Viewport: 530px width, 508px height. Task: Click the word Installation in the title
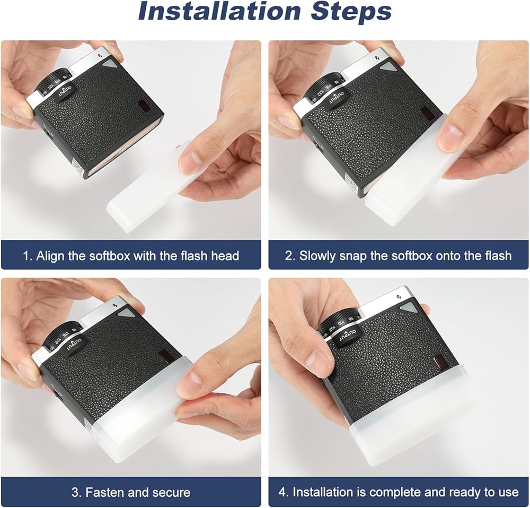click(x=219, y=12)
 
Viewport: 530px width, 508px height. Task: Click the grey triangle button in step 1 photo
click(x=109, y=64)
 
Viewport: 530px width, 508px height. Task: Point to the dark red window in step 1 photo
click(x=144, y=106)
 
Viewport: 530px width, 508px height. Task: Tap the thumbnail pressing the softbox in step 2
click(x=449, y=137)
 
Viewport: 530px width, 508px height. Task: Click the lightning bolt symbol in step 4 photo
click(x=399, y=297)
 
